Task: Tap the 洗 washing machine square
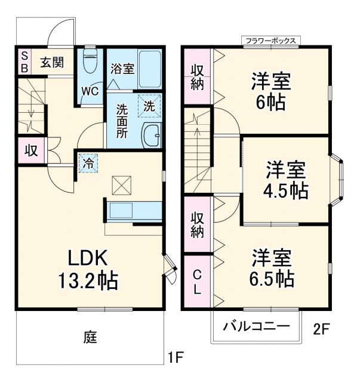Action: [x=149, y=106]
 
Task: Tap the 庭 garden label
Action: [x=90, y=337]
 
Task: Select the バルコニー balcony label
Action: [x=256, y=326]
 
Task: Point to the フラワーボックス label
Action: [x=270, y=41]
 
